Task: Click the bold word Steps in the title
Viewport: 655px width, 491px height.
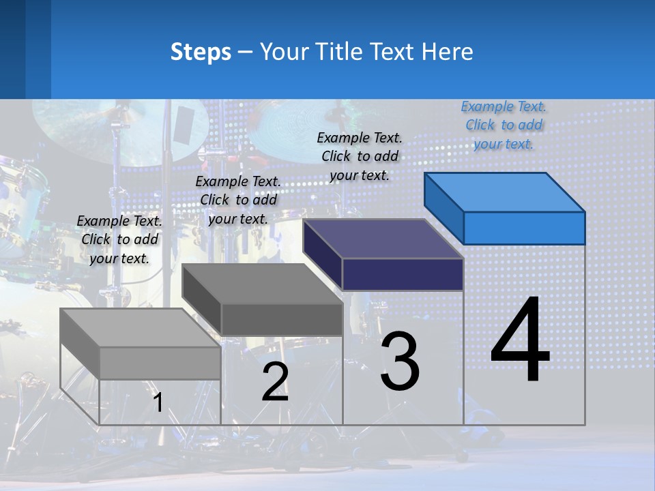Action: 200,52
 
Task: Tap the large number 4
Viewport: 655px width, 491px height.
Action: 520,340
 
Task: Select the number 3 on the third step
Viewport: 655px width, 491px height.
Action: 400,361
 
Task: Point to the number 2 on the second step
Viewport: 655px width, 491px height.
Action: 275,382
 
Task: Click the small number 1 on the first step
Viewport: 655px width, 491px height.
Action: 158,402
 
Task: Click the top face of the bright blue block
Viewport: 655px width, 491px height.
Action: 505,192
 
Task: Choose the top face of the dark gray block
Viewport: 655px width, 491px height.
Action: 263,284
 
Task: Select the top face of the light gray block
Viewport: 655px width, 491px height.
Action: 141,328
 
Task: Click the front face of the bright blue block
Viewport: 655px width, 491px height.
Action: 524,228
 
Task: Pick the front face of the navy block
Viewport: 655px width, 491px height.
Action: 403,274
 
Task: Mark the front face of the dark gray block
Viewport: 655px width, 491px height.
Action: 282,319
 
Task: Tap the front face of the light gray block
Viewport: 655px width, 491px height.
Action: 160,363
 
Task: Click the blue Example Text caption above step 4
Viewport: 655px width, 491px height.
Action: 504,125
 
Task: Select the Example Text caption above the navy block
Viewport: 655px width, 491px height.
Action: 360,156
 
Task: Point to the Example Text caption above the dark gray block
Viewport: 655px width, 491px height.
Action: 238,200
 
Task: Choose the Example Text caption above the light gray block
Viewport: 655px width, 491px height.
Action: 119,239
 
